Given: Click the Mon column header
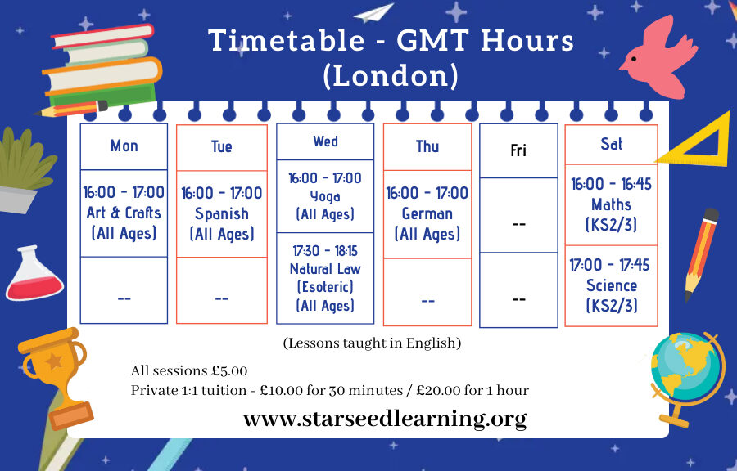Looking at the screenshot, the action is (x=124, y=146).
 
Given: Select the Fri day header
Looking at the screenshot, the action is (x=518, y=150).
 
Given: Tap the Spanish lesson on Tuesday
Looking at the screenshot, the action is (x=222, y=214).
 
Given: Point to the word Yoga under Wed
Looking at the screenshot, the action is (x=325, y=196).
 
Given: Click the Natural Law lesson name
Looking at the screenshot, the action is (x=325, y=269).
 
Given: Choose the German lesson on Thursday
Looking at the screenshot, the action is (x=427, y=214).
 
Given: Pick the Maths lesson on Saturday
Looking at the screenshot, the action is (x=611, y=204).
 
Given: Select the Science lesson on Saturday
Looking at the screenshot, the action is (x=612, y=285).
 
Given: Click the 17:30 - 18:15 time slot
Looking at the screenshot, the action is (x=325, y=251).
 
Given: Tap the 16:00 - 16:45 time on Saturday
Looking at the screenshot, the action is (x=611, y=184).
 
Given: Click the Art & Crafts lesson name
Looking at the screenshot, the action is (x=124, y=213).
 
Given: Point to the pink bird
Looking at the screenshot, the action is (x=658, y=57).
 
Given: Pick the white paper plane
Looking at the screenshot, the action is (x=373, y=12).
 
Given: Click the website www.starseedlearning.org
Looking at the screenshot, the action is (x=385, y=419).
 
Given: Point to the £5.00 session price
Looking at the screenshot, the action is (x=229, y=370).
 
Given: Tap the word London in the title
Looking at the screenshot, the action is (x=391, y=76).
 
